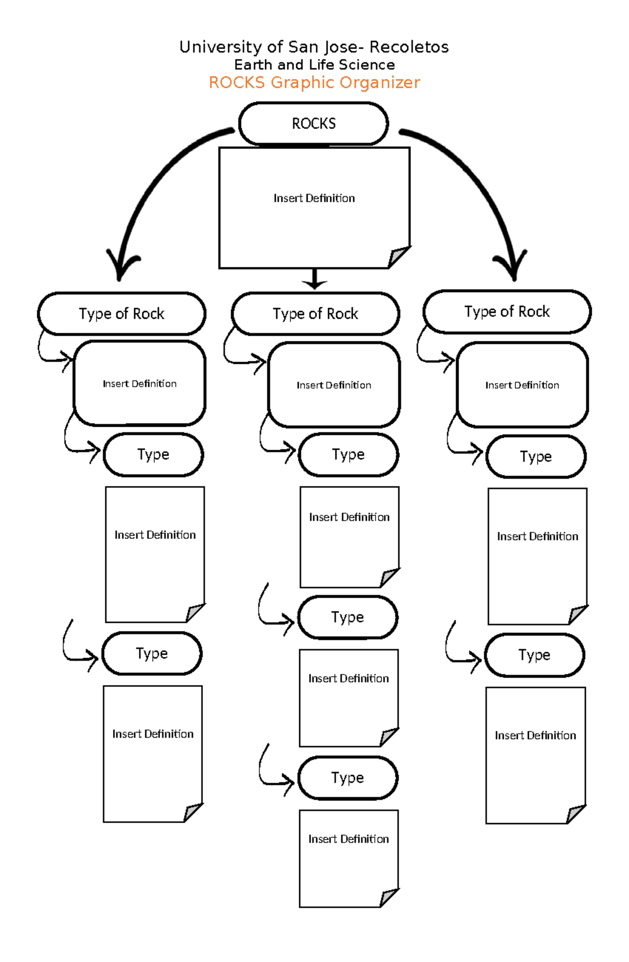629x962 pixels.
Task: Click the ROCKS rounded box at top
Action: (x=313, y=124)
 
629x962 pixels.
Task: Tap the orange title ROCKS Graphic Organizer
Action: (x=314, y=83)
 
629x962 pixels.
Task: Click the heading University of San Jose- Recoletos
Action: (x=314, y=47)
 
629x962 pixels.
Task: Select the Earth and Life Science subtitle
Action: (x=314, y=65)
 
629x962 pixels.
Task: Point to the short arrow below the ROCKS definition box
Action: (x=314, y=279)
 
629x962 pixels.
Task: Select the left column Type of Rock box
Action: (x=122, y=314)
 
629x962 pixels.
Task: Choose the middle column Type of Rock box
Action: (x=315, y=314)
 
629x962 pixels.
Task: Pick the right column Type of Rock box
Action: (x=507, y=311)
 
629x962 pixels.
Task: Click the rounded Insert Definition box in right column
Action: (x=522, y=385)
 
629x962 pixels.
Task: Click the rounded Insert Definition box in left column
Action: (x=139, y=383)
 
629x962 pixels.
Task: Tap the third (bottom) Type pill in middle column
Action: (x=348, y=777)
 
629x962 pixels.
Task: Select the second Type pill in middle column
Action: (x=348, y=617)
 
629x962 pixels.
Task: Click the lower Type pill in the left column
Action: (x=152, y=653)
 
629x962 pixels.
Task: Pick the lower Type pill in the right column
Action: (x=534, y=655)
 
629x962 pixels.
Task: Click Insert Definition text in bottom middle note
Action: (x=349, y=839)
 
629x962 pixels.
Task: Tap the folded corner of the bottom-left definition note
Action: (x=193, y=812)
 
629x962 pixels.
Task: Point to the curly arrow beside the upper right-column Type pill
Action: (x=461, y=443)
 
